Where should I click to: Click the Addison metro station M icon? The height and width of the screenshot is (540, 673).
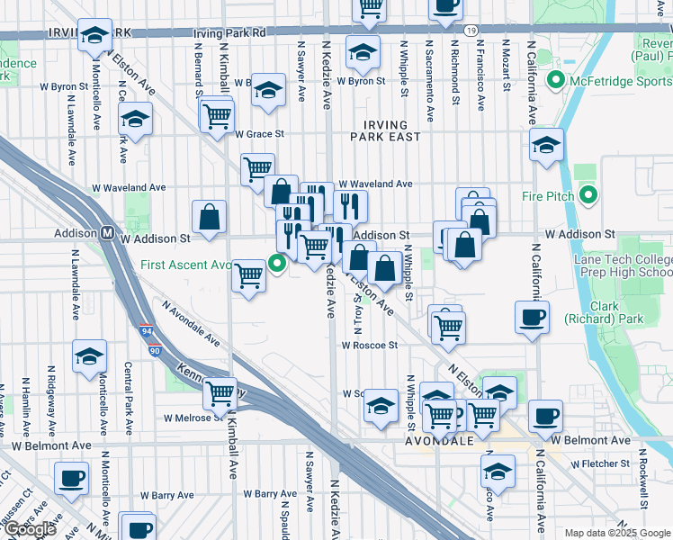(x=106, y=232)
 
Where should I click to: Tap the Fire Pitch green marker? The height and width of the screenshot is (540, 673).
(x=588, y=194)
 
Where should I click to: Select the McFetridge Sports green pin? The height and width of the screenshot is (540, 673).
(x=555, y=81)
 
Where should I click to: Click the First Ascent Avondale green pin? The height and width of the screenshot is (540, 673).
(x=278, y=264)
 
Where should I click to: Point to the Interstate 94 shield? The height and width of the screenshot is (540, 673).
(x=146, y=332)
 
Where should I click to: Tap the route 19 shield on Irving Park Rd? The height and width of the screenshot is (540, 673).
(x=471, y=31)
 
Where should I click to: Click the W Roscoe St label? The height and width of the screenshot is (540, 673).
(x=369, y=345)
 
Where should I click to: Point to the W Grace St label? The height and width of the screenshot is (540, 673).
(x=259, y=134)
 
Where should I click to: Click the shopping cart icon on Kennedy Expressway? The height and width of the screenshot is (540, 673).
(x=220, y=392)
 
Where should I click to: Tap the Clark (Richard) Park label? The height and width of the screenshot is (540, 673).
(x=605, y=312)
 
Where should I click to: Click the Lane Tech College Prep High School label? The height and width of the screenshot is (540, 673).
(x=623, y=266)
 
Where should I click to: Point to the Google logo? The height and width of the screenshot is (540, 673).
(x=30, y=529)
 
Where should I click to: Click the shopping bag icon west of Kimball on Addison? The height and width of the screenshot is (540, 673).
(x=209, y=217)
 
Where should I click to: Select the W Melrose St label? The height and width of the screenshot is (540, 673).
(x=193, y=418)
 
